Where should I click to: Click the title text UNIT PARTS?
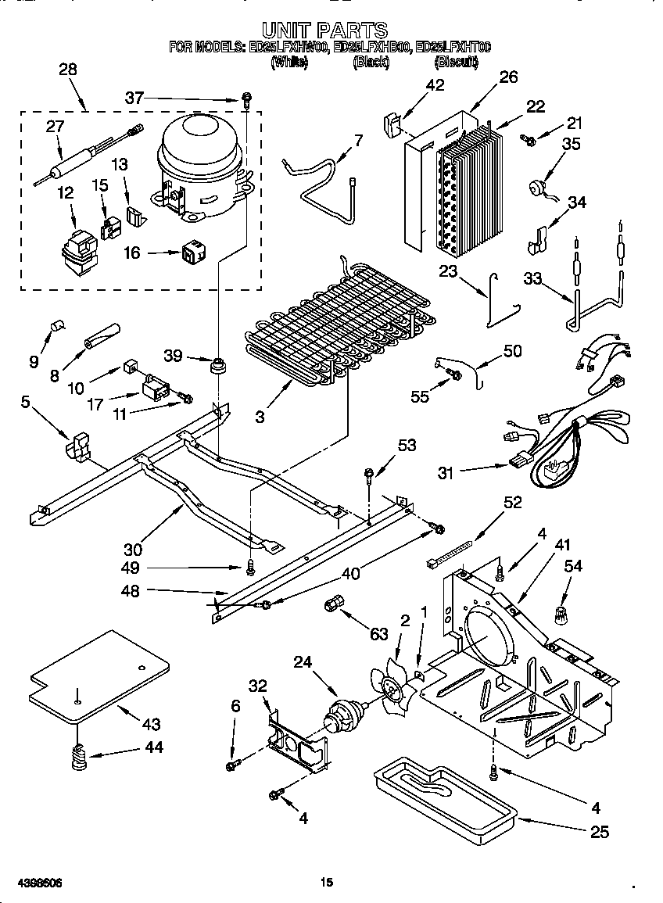[x=324, y=30]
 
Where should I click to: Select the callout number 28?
[x=68, y=69]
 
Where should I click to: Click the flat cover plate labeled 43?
[x=98, y=672]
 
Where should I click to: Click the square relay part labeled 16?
[x=192, y=253]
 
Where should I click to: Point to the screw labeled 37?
[x=246, y=99]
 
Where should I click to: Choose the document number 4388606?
[x=32, y=883]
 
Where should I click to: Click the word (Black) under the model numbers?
[x=371, y=62]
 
